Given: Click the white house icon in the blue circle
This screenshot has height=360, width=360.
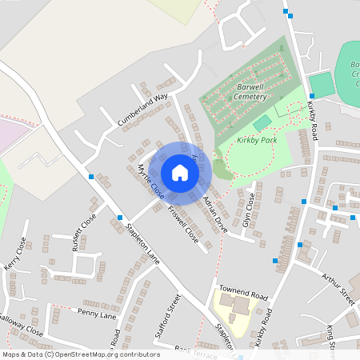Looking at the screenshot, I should tap(179, 173).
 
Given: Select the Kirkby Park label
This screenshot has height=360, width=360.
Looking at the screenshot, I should tap(256, 140).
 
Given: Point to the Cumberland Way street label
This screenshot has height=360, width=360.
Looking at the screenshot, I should tap(142, 110).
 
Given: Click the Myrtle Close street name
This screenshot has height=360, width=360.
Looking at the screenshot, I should tap(151, 182).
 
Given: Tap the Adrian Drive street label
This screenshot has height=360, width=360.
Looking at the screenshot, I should tap(215, 214).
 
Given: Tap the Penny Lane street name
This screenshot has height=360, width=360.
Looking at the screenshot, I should tap(97, 314).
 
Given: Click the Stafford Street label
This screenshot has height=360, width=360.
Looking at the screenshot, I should tap(171, 314).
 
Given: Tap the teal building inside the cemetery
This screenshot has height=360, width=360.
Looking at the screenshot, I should tap(262, 122).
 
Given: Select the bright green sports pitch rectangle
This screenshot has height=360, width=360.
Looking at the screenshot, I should tap(321, 85).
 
